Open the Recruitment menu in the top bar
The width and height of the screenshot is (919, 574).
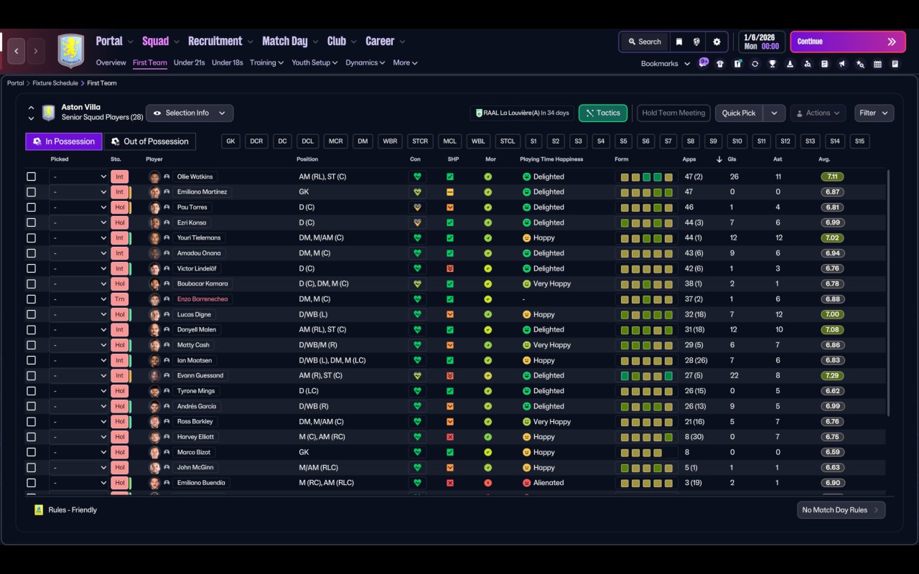coord(215,42)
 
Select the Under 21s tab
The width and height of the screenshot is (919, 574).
coord(189,62)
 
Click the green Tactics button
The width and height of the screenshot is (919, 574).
coord(602,113)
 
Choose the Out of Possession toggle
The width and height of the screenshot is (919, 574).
coord(149,141)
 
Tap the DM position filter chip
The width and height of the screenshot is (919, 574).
coord(363,141)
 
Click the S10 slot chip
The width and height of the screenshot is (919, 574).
coord(737,141)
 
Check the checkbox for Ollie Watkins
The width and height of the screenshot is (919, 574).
coord(31,177)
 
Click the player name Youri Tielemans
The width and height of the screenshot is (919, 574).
coord(199,237)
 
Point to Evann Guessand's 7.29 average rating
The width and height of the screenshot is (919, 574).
coord(832,375)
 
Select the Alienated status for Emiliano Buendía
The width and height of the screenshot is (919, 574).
coord(549,483)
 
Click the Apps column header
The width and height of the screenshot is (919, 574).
coord(689,159)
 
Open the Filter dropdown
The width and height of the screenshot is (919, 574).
coord(873,113)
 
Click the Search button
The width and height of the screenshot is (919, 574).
coord(643,42)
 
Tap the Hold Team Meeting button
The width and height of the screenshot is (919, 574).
coord(673,113)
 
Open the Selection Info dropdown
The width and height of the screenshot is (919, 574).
coord(190,113)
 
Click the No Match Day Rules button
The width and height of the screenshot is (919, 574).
coord(841,510)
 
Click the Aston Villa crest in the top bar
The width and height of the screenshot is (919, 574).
coord(70,50)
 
